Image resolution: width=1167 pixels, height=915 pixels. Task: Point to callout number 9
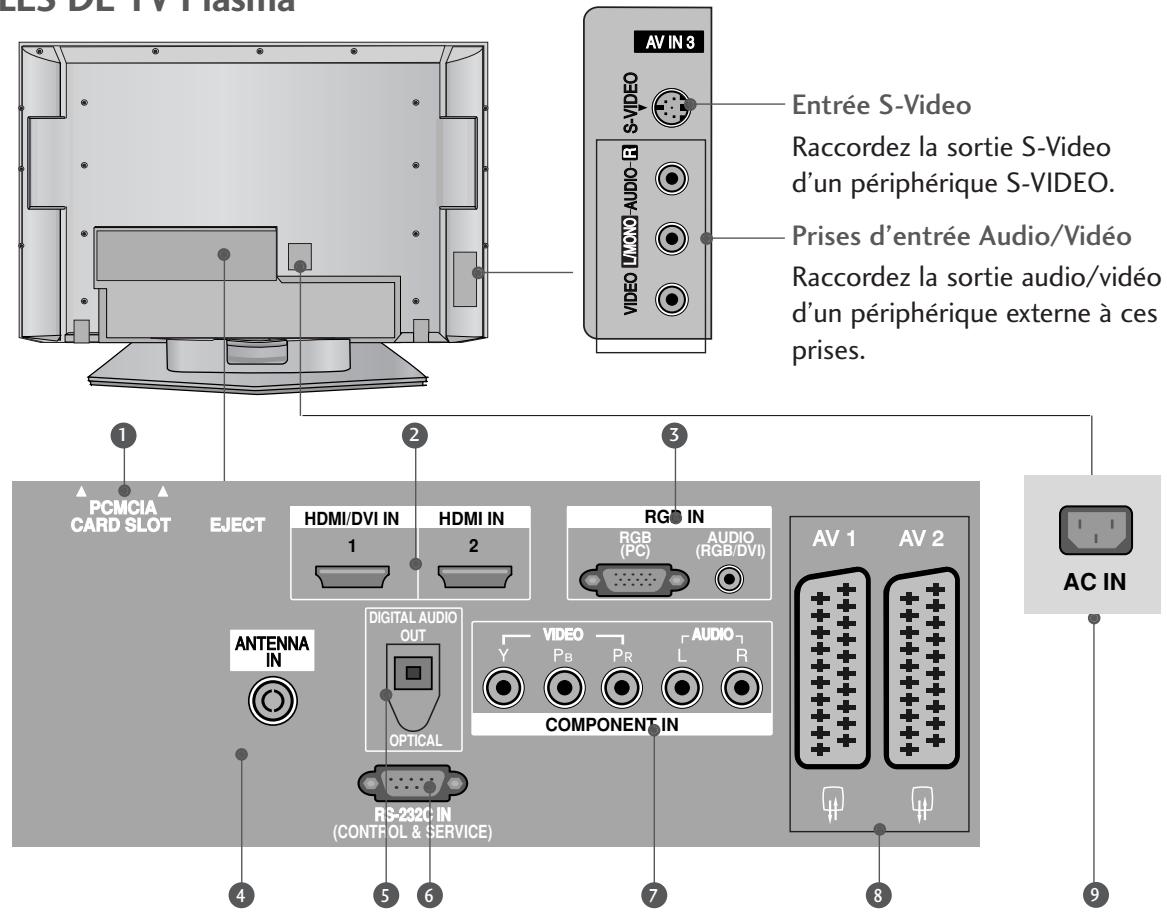pos(1093,893)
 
